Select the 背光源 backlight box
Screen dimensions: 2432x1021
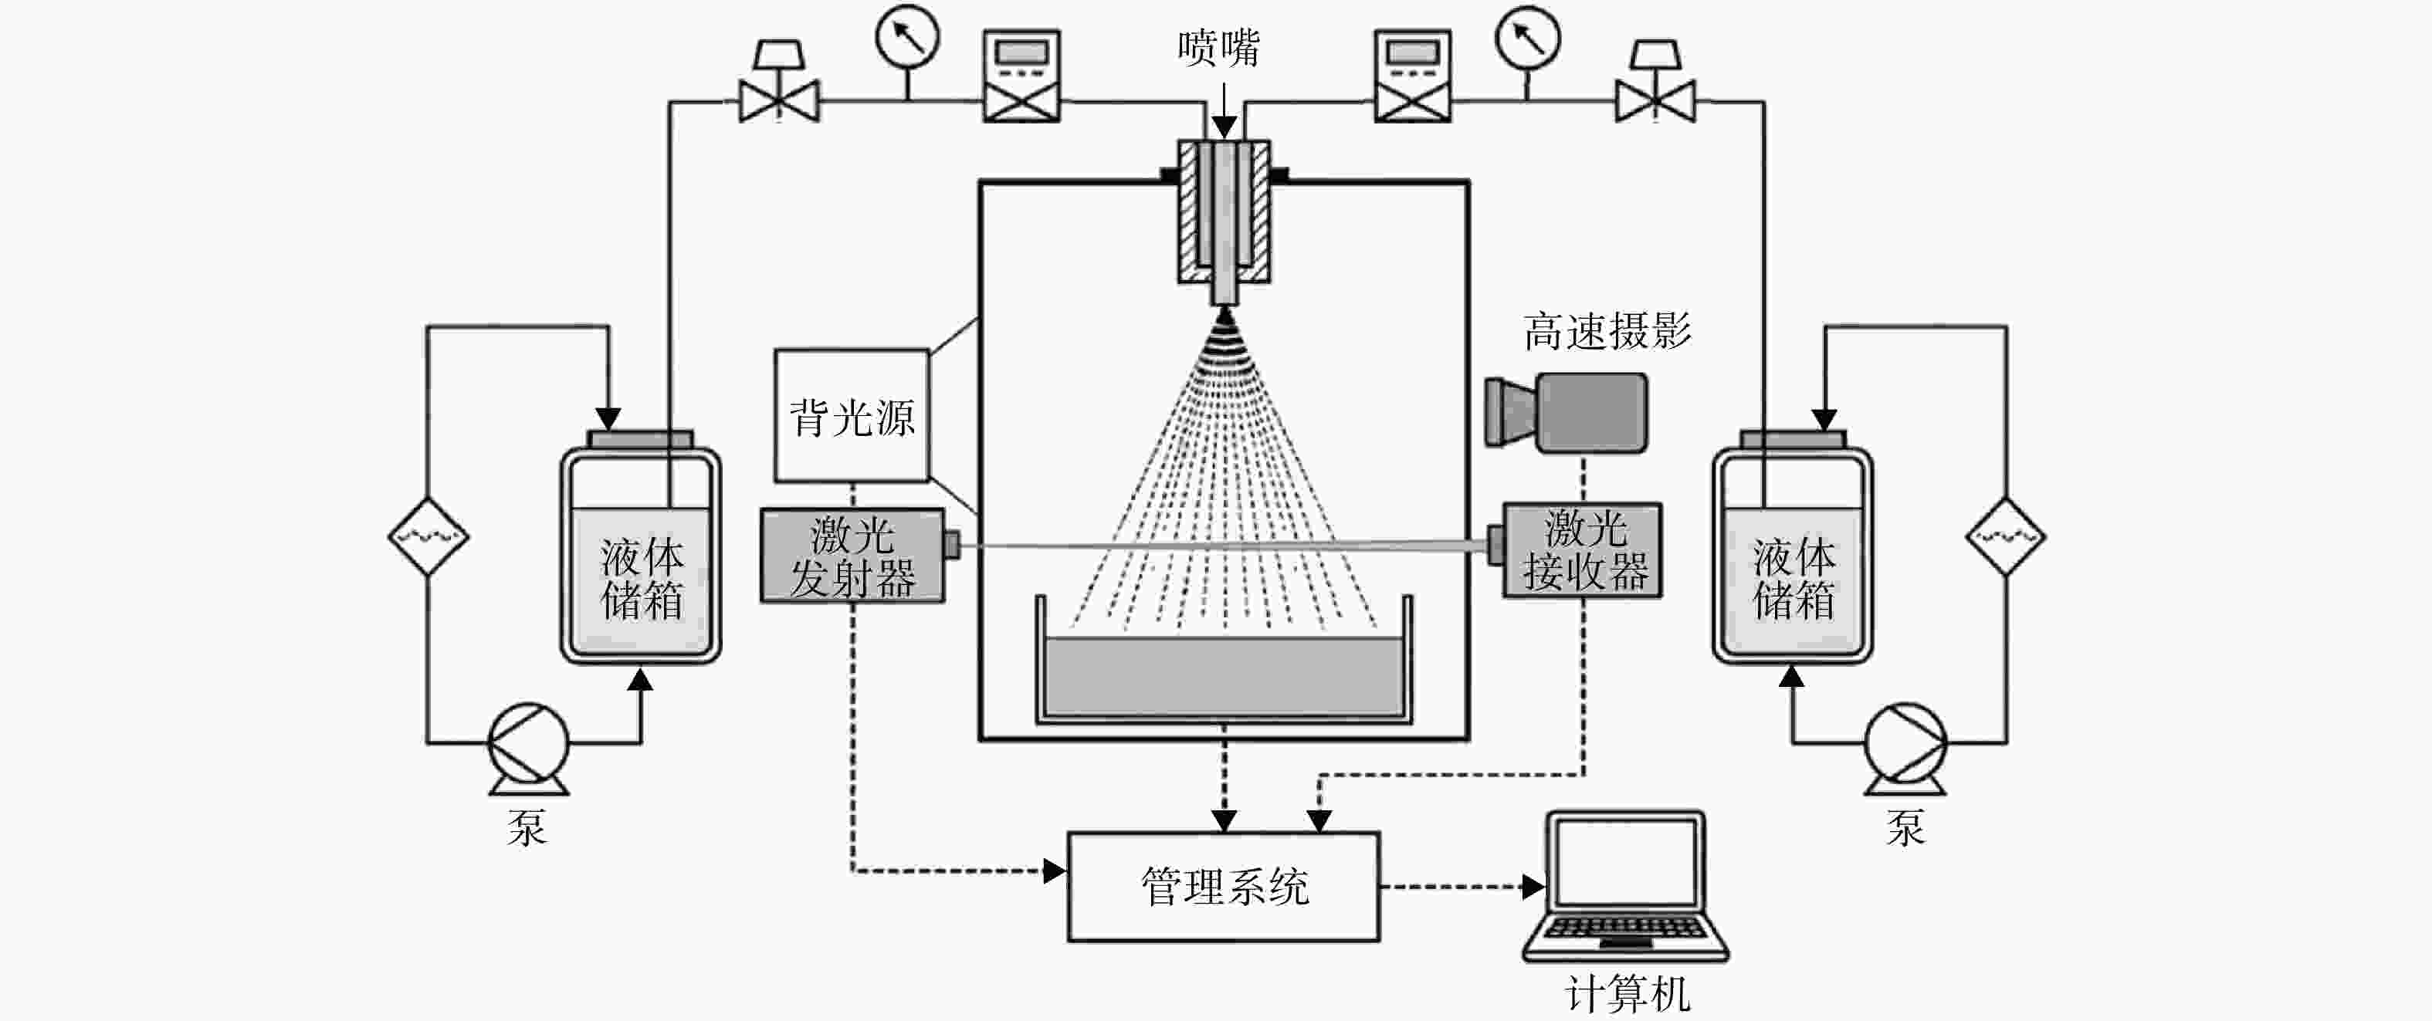click(852, 416)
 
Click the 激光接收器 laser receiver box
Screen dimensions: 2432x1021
click(1584, 550)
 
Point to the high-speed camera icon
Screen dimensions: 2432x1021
click(1567, 412)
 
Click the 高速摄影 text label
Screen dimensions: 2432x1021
click(1607, 331)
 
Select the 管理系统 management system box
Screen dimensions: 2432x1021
click(1224, 887)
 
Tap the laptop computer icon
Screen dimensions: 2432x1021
click(1626, 886)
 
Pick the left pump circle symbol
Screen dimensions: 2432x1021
click(528, 742)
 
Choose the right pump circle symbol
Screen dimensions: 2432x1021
click(1905, 742)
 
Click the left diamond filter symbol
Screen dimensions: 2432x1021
click(428, 536)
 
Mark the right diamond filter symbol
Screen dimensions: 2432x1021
click(2005, 536)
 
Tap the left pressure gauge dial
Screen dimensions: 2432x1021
click(907, 38)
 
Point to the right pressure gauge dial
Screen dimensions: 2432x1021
click(1528, 38)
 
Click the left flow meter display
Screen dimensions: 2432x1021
click(1021, 76)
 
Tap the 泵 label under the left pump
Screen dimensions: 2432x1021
click(527, 827)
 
